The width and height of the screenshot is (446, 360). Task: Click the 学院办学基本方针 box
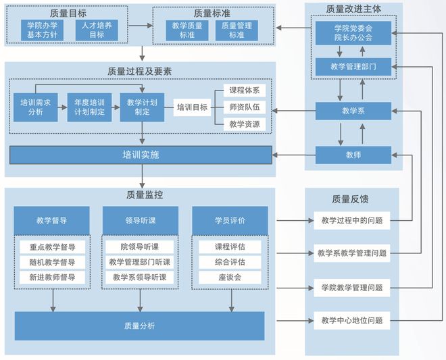(43, 30)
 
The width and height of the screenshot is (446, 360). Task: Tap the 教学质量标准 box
(187, 30)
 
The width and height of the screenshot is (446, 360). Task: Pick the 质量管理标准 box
(236, 30)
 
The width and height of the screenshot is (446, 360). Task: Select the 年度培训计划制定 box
(90, 107)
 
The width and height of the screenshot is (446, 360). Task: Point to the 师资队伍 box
(244, 107)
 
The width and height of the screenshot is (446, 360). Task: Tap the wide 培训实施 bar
(141, 155)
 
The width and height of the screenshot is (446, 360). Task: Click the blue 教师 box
(353, 155)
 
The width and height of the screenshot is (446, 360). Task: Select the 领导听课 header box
(140, 220)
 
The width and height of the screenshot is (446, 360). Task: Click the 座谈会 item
(230, 278)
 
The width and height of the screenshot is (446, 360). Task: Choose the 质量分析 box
(139, 326)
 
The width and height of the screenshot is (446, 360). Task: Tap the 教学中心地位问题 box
(352, 320)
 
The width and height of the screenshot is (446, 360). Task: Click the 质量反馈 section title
(350, 199)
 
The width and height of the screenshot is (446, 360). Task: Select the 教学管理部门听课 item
(140, 262)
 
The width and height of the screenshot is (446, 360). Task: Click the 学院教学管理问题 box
(352, 287)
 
